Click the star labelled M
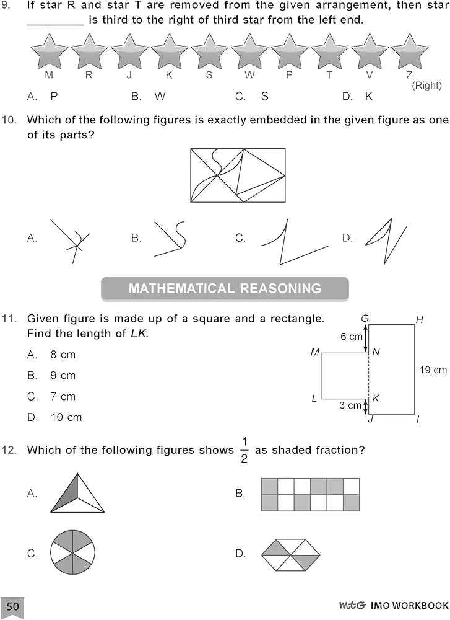pos(49,51)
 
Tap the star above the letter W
pos(249,51)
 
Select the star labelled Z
pos(409,51)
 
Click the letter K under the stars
pos(169,75)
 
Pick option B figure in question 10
pos(171,237)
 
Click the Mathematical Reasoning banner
pos(225,288)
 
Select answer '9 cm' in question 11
pos(63,375)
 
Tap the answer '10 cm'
pos(66,417)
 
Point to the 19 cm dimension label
pos(433,370)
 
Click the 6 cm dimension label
pos(352,337)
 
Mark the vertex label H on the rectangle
pos(420,320)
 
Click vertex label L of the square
pos(314,399)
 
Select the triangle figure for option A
pos(77,493)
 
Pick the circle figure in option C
pos(72,551)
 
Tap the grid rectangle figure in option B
pos(310,494)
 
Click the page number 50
pos(12,606)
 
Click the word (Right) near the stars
pos(426,86)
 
